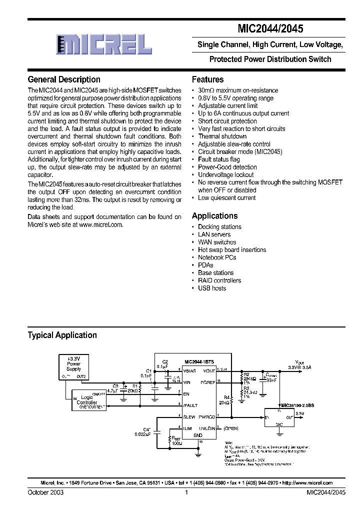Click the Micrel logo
[x=103, y=44]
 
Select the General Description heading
[x=64, y=79]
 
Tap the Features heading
[x=207, y=79]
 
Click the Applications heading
[x=214, y=216]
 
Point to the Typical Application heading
[x=62, y=335]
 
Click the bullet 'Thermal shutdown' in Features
[x=222, y=136]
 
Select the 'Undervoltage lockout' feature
[x=225, y=175]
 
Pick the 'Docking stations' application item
[x=219, y=227]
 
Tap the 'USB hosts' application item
[x=211, y=288]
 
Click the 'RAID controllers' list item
[x=219, y=280]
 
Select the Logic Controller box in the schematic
[x=89, y=399]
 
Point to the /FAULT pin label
[x=190, y=405]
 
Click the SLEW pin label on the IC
[x=189, y=416]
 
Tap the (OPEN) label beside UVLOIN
[x=231, y=428]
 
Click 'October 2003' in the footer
[x=45, y=492]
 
